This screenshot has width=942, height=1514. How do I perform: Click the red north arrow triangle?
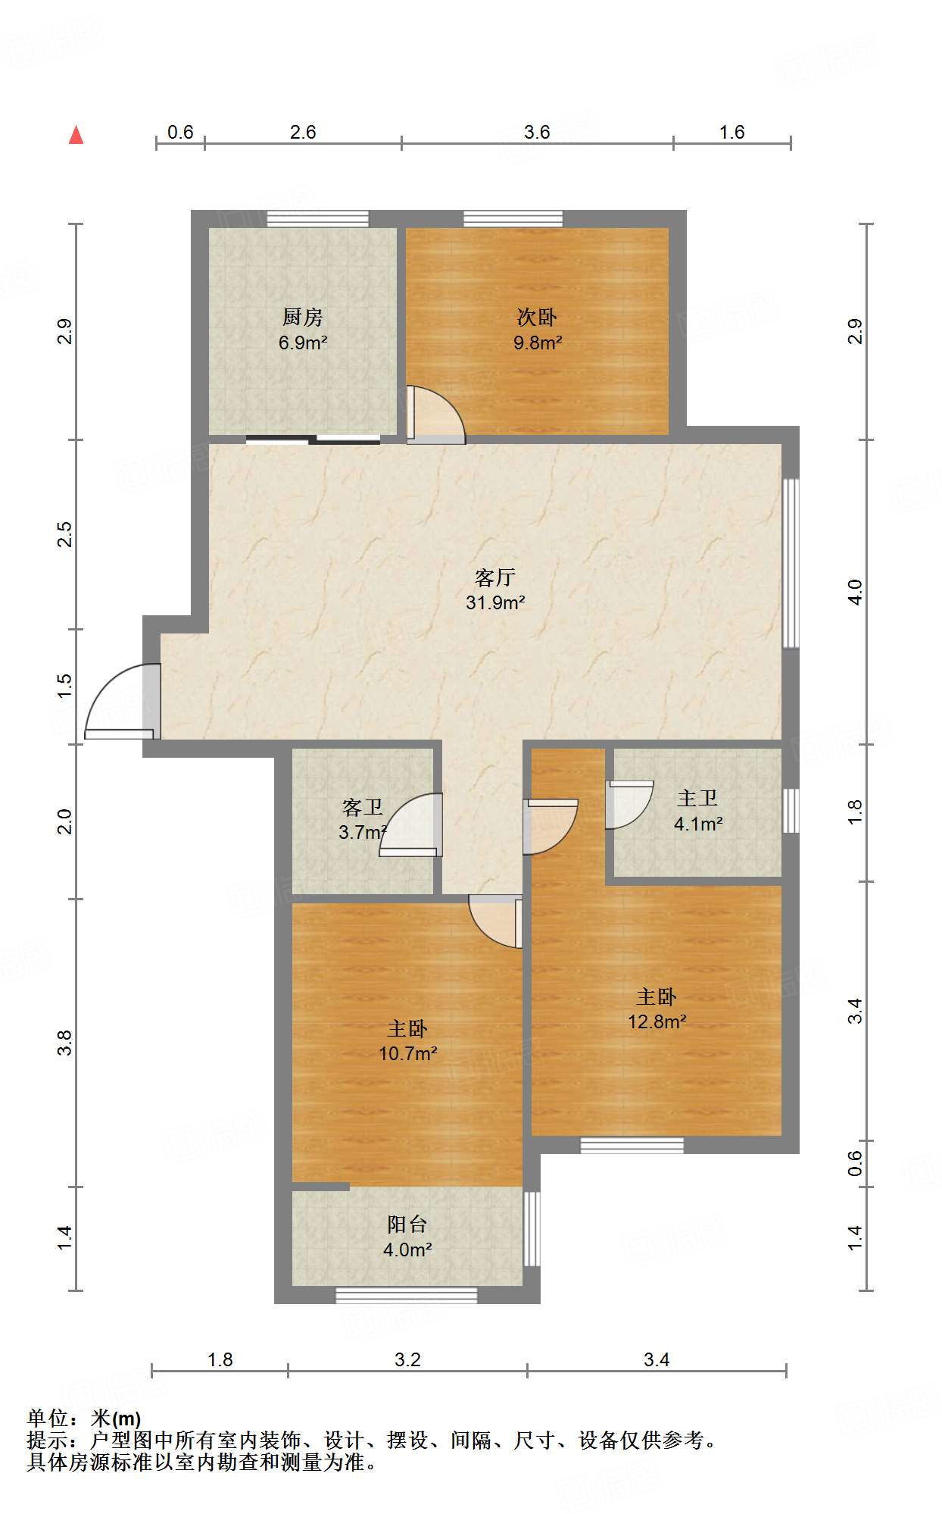click(76, 135)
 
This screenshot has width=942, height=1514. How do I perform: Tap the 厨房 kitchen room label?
click(302, 317)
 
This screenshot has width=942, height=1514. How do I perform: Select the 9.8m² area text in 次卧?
click(537, 343)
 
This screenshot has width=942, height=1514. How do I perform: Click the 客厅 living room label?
click(494, 577)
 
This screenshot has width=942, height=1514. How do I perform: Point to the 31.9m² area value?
click(495, 602)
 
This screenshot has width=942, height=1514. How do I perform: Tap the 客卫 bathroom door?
click(413, 826)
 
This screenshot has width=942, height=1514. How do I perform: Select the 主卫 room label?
click(697, 798)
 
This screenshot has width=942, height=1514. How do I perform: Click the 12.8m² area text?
click(657, 1021)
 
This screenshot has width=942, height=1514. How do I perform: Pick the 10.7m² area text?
click(407, 1053)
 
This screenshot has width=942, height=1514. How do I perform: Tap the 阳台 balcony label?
click(407, 1224)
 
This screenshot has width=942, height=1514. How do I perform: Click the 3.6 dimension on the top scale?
click(537, 133)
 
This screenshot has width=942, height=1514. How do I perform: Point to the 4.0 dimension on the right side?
click(855, 592)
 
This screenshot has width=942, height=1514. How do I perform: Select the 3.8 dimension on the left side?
click(65, 1043)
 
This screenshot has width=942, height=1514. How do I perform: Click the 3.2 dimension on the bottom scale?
click(407, 1359)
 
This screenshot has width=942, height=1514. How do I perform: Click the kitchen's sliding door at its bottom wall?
click(313, 439)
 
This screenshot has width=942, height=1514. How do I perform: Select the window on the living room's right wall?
click(791, 562)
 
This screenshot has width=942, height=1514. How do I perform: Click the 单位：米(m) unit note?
click(83, 1419)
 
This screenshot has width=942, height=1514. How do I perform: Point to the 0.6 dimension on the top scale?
click(180, 133)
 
